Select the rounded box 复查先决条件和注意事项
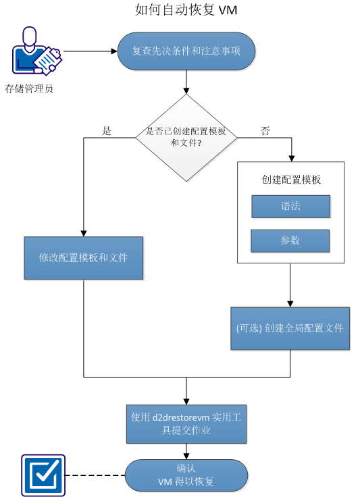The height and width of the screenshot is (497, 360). click(186, 51)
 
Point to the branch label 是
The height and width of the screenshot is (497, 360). click(106, 131)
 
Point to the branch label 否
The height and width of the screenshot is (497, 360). click(265, 131)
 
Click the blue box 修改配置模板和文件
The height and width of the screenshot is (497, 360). click(84, 258)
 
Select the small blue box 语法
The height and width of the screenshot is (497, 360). click(290, 207)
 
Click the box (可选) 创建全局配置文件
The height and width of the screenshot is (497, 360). click(290, 328)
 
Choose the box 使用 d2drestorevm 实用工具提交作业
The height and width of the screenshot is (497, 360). click(186, 424)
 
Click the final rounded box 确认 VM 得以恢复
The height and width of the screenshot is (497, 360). click(186, 475)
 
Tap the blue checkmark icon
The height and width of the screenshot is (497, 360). click(43, 475)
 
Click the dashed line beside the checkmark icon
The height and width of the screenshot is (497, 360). click(95, 475)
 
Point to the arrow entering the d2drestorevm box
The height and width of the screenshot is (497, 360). click(186, 392)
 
